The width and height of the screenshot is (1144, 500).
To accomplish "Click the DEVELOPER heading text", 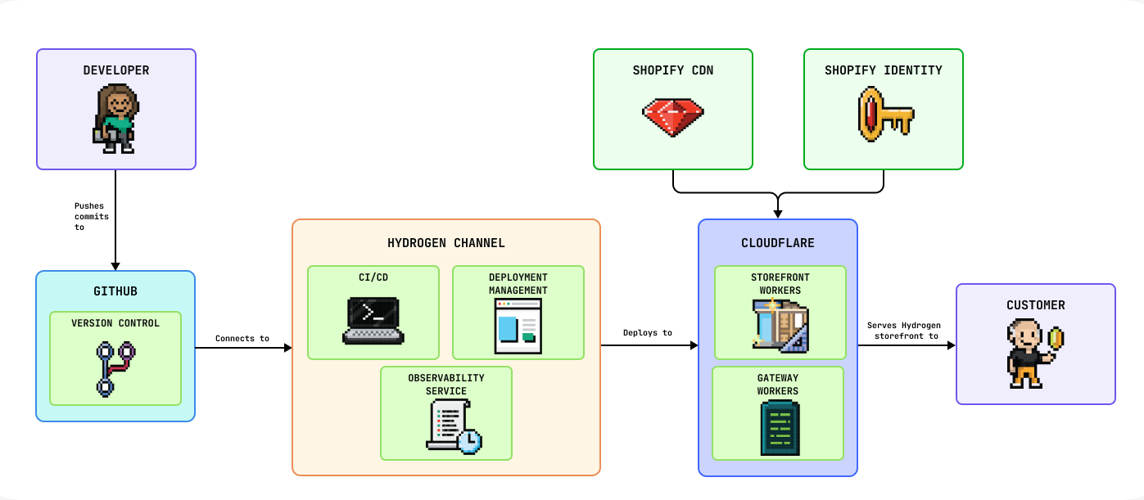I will click(116, 70).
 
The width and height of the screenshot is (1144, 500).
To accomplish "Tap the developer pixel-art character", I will click(115, 119).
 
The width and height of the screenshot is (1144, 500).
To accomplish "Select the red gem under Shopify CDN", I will click(672, 116).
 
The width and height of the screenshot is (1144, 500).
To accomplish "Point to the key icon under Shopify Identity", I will click(884, 115).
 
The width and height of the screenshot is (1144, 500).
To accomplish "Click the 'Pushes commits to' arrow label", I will click(91, 216).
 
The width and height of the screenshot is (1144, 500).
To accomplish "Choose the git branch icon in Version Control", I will click(115, 369).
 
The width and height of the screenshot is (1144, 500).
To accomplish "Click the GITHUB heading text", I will click(115, 291).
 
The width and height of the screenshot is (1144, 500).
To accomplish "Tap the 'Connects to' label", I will click(242, 338).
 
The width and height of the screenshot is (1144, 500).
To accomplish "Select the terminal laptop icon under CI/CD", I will click(373, 320).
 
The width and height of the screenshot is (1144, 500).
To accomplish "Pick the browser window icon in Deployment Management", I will click(518, 326).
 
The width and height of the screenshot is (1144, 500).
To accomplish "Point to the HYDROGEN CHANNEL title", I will click(446, 243).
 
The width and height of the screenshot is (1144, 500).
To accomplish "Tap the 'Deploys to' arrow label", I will click(648, 332).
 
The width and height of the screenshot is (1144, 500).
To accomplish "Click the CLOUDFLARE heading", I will click(778, 243).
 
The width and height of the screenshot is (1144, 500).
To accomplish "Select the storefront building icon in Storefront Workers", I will click(780, 326).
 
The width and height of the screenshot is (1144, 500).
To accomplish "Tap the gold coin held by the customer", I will click(1056, 337).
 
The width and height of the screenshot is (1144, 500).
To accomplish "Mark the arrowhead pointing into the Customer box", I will click(952, 345).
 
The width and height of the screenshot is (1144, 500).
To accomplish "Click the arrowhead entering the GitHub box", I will click(115, 266).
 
